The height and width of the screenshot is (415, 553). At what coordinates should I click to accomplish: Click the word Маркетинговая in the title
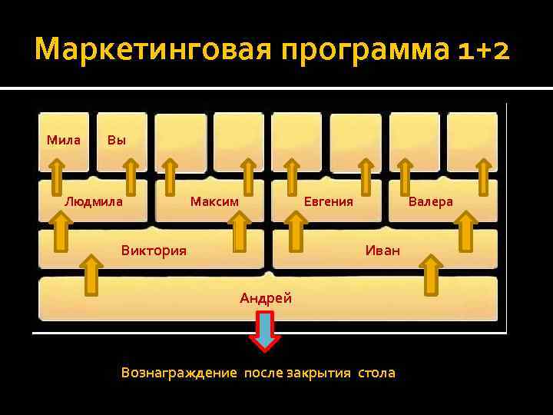(152, 51)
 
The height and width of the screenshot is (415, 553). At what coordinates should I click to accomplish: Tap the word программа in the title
(361, 51)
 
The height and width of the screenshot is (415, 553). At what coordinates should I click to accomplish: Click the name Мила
(63, 140)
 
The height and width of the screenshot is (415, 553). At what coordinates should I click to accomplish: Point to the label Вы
(116, 140)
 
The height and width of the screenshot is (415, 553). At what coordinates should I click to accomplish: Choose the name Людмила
(93, 201)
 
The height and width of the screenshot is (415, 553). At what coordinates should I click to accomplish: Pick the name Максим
(214, 201)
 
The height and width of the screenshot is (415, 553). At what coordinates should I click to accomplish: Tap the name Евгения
(328, 201)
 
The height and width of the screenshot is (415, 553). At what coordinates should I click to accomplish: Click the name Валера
(430, 201)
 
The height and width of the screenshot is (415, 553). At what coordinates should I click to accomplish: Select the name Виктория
(154, 251)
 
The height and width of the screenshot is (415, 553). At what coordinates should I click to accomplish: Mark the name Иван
(382, 251)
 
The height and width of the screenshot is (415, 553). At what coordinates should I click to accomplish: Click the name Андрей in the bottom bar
(266, 298)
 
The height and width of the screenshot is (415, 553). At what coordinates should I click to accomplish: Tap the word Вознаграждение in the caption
(179, 373)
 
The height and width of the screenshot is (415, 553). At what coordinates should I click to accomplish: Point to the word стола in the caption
(376, 373)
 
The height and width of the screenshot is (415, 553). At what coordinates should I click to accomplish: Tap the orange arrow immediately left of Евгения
(292, 177)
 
